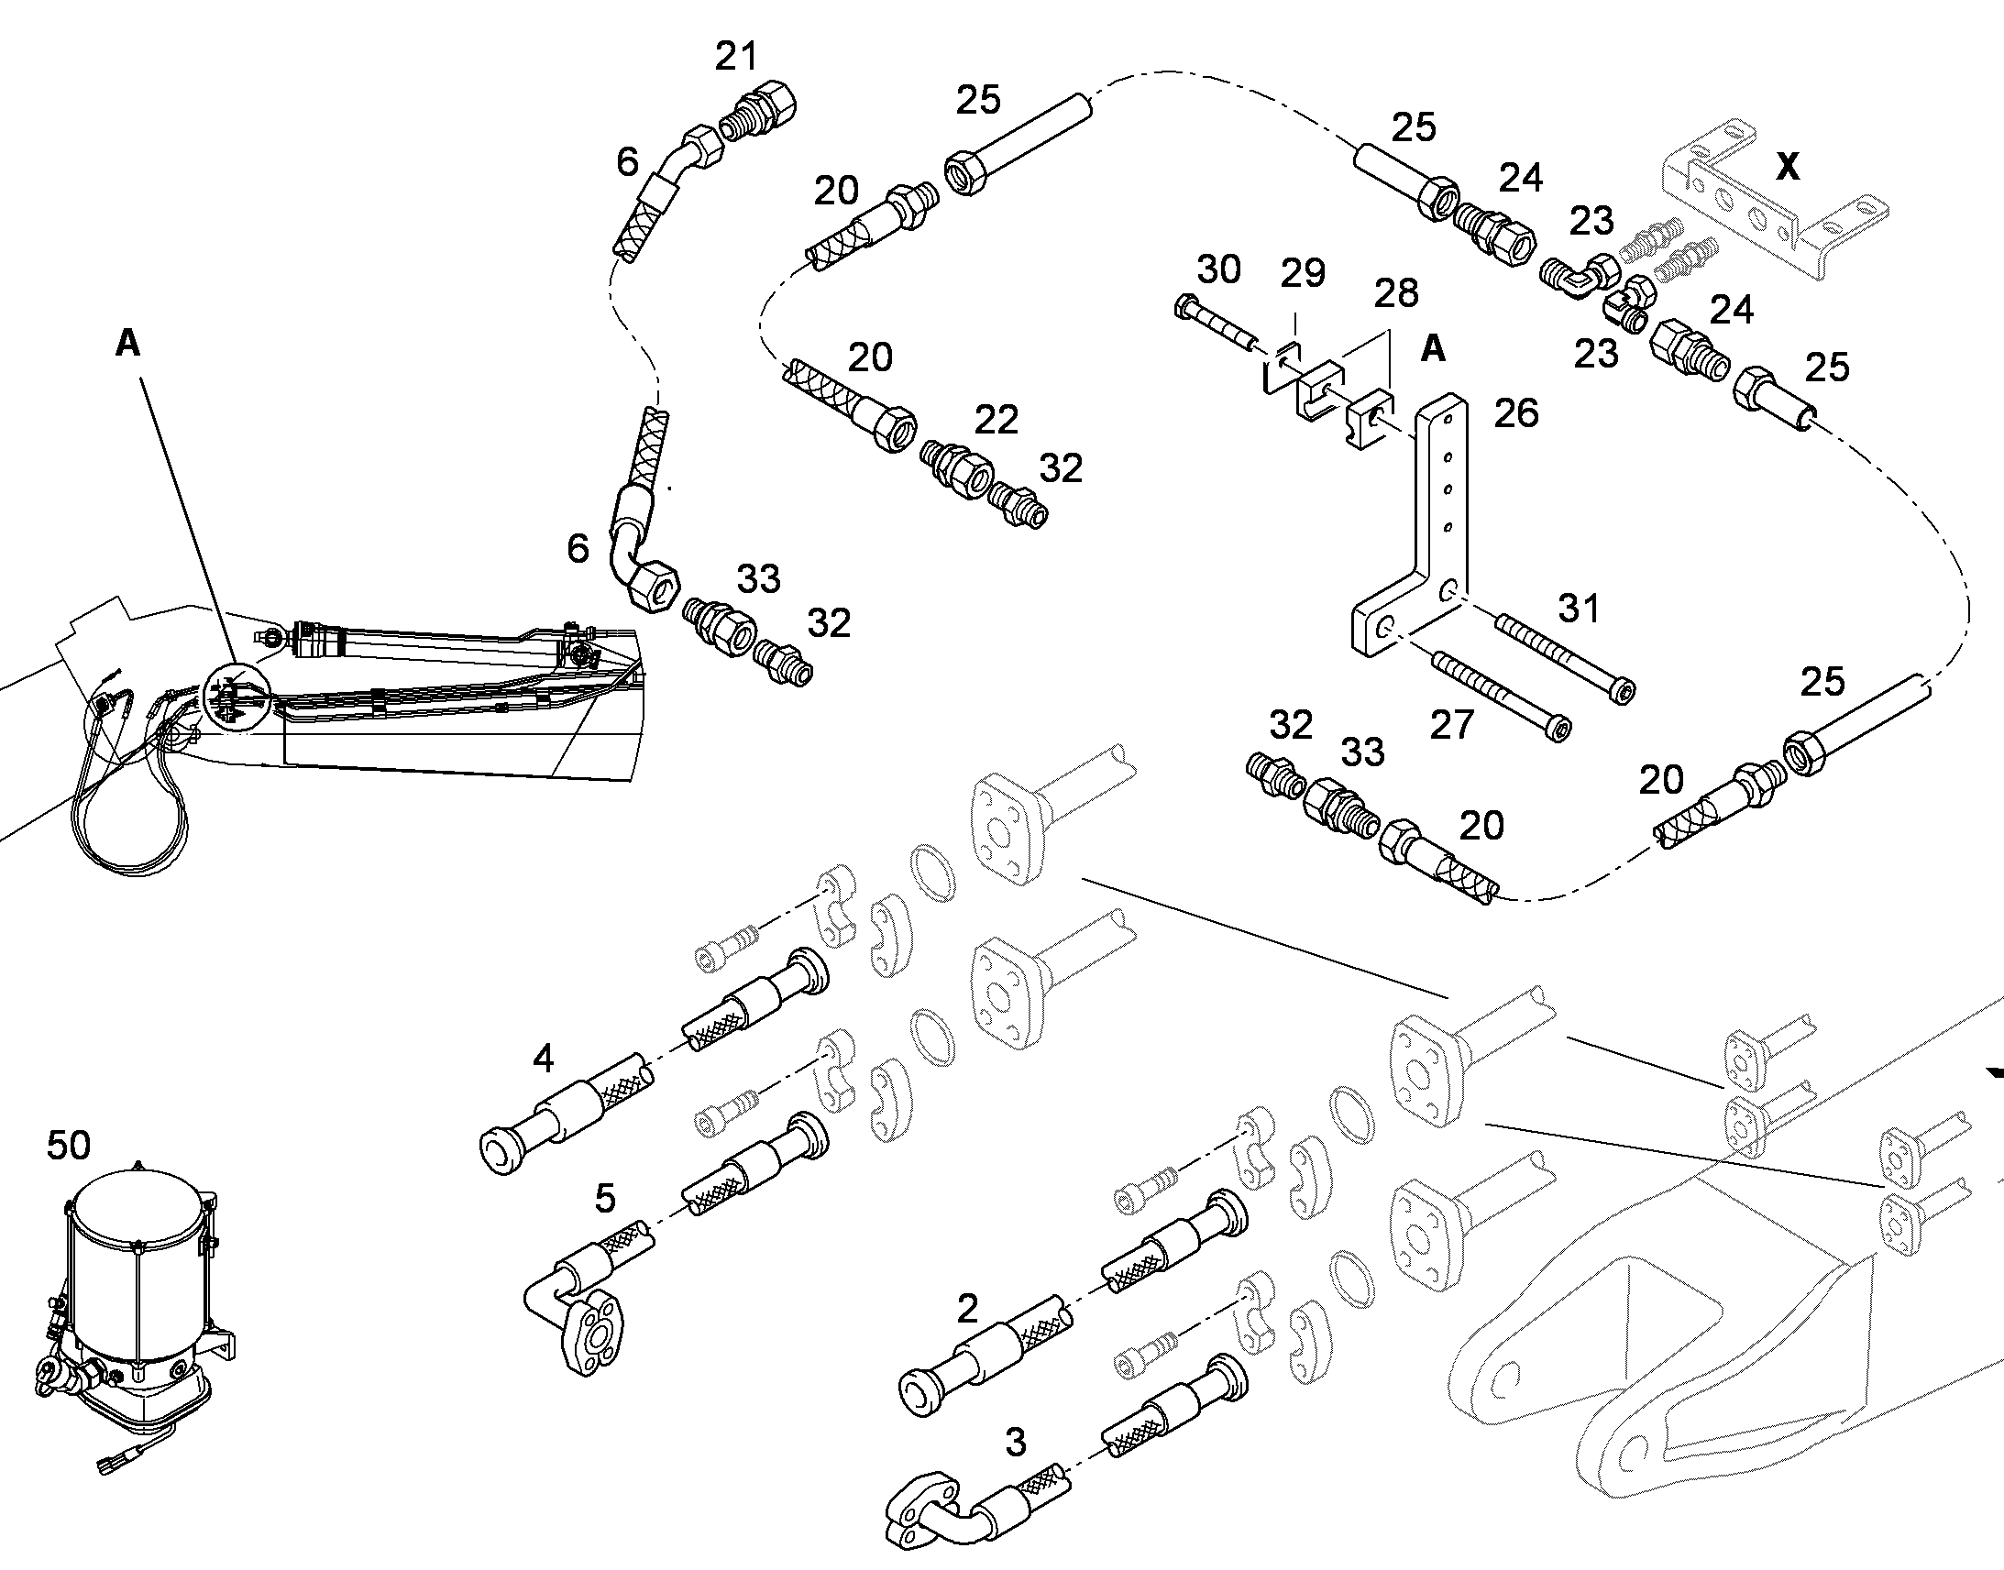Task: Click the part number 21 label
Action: (x=736, y=57)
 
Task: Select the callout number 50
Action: (x=69, y=1145)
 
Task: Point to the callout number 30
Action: (x=1219, y=269)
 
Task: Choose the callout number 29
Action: (x=1304, y=273)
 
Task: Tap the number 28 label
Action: (x=1396, y=293)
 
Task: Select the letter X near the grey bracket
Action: (x=1788, y=167)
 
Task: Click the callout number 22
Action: (x=996, y=420)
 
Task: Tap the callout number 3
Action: (x=1015, y=1442)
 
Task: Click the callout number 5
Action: (x=604, y=1198)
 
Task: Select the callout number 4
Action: (x=544, y=1058)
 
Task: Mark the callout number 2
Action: (x=967, y=1309)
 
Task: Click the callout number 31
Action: (x=1579, y=608)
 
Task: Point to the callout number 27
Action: (x=1452, y=725)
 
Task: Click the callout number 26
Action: (x=1516, y=413)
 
